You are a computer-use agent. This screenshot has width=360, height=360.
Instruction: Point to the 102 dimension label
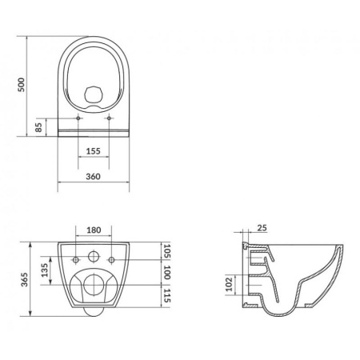pos(230,283)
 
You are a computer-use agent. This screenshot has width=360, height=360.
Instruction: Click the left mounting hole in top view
pos(77,118)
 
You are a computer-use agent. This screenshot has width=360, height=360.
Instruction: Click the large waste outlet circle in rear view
pos(93,285)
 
